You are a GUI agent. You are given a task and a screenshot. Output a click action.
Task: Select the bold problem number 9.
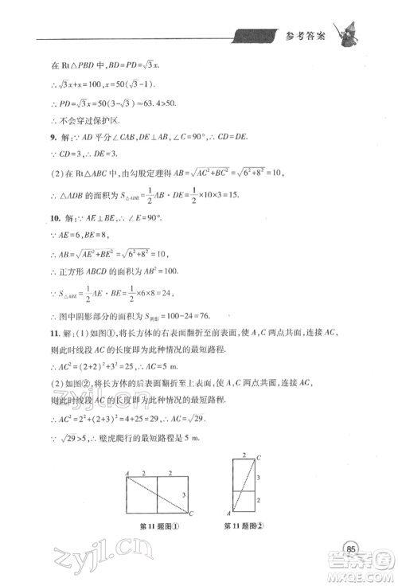click(x=29, y=137)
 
